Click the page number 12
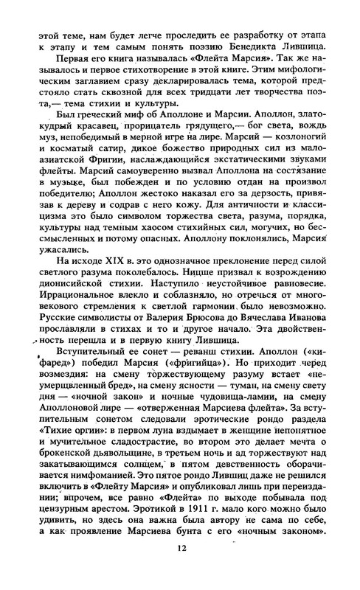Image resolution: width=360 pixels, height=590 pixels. pos(181,569)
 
